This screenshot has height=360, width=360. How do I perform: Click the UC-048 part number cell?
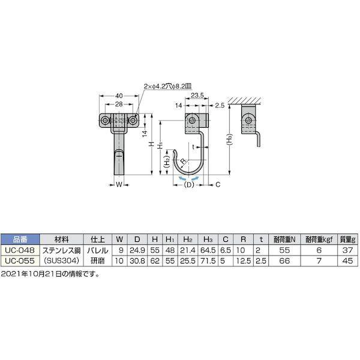20,249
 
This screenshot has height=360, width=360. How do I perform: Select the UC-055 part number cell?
20,260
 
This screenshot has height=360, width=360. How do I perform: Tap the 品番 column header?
20,238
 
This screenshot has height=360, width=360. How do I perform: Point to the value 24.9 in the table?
138,249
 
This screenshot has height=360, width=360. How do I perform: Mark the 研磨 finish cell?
98,260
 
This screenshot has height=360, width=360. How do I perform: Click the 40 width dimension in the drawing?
119,95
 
